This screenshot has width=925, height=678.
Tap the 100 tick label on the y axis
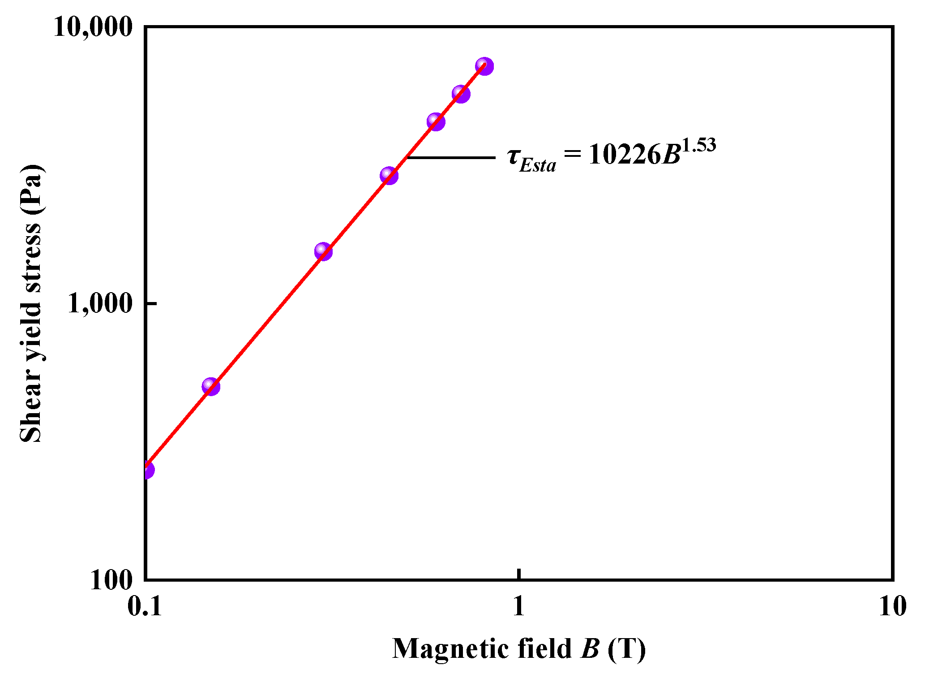111,580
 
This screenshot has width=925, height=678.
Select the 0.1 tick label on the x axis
144,607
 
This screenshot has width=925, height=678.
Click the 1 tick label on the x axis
518,607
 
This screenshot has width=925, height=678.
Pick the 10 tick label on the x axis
892,607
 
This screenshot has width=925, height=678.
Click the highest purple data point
484,66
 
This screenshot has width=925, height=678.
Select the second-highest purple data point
461,94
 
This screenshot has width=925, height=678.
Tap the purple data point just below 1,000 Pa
210,386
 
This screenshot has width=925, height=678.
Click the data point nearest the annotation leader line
389,175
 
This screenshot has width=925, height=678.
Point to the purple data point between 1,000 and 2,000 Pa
323,251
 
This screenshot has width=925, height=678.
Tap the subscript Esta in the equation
538,166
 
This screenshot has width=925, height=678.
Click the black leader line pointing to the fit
450,158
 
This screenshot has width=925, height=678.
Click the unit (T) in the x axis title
627,648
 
